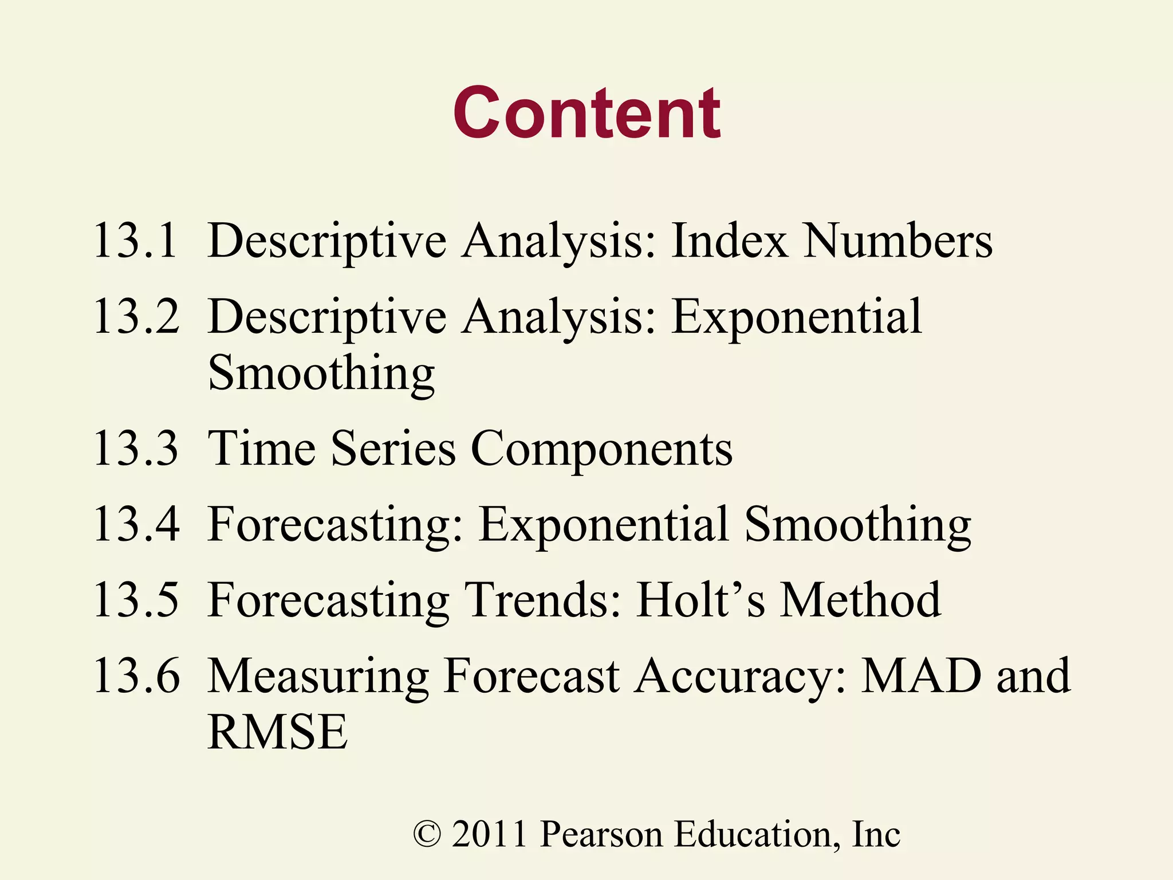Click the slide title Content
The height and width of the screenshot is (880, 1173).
586,113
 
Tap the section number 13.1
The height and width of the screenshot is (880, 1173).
135,241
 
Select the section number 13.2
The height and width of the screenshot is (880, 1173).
136,316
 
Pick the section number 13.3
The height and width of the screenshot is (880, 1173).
136,449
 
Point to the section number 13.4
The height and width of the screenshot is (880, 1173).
136,524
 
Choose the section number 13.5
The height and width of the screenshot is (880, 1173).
136,600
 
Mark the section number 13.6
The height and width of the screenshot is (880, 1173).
136,676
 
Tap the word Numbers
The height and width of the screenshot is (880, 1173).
898,241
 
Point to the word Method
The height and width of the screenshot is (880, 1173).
861,600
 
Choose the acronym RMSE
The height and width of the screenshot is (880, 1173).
277,732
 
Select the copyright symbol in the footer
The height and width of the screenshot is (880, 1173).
427,834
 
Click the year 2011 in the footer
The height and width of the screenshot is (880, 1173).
489,834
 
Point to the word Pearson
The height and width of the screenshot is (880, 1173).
601,834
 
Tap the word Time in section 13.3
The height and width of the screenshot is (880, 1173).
262,449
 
